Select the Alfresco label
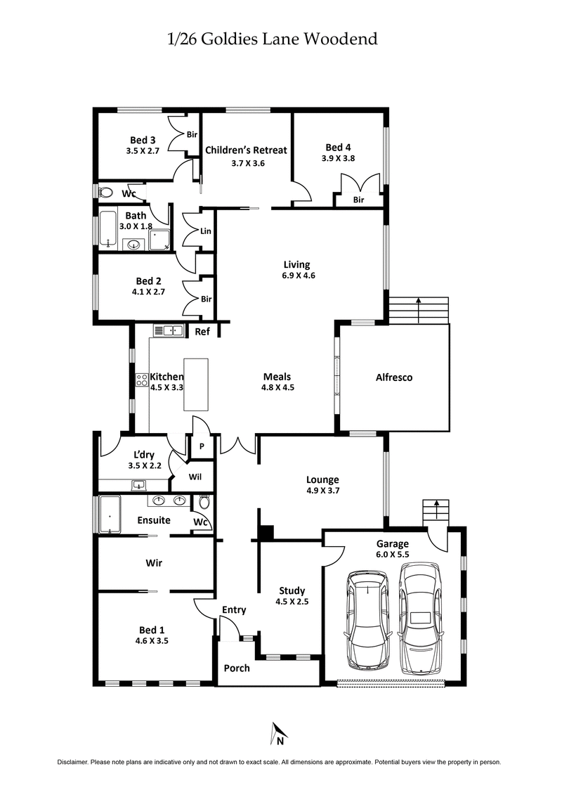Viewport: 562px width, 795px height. tap(394, 377)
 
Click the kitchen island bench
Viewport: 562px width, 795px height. tap(196, 384)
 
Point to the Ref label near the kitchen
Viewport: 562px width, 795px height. tap(202, 332)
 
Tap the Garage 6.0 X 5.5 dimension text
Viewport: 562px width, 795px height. tap(392, 555)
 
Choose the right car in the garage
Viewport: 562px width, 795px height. tap(420, 619)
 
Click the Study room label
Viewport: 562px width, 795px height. tap(292, 590)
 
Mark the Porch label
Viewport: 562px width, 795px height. tap(236, 668)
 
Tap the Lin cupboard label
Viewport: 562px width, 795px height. tap(206, 231)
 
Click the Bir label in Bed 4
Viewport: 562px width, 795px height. tap(358, 200)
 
